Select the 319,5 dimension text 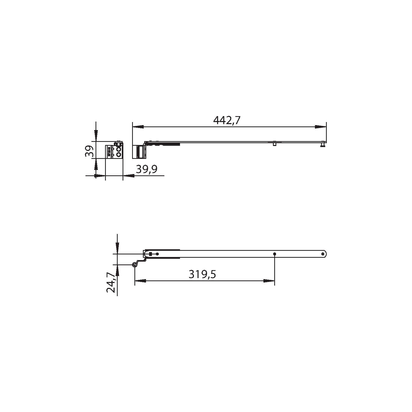(x=202, y=274)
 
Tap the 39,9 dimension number (x=147, y=169)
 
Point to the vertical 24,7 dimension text (x=111, y=282)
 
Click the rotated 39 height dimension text (x=89, y=152)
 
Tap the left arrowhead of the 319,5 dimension (x=140, y=281)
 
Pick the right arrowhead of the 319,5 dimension (x=269, y=281)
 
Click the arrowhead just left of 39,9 (x=129, y=176)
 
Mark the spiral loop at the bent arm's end (x=134, y=265)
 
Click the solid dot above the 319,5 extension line (x=274, y=254)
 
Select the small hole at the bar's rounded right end (x=323, y=254)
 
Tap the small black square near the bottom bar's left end (x=151, y=254)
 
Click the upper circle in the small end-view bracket (x=119, y=149)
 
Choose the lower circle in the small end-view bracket (x=119, y=154)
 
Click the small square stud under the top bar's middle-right (x=274, y=144)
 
